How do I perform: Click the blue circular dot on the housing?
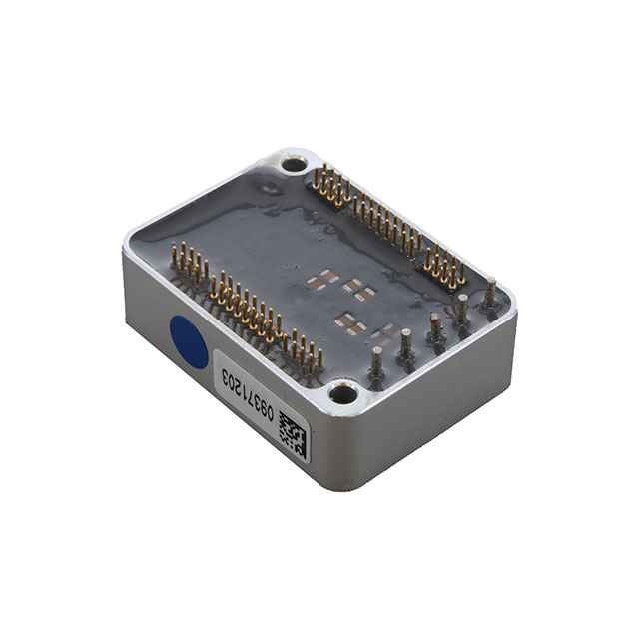(x=188, y=341)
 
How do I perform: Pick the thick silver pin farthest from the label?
(x=490, y=294)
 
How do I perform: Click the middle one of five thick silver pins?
(x=435, y=329)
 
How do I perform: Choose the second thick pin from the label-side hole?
(x=405, y=345)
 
